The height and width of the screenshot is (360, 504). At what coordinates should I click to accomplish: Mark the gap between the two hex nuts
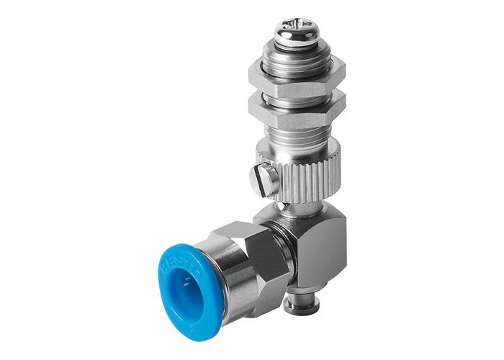click(x=296, y=91)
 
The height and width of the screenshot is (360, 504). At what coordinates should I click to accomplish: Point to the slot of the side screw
click(x=264, y=179)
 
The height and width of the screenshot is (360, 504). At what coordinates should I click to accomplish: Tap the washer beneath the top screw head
click(x=297, y=45)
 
